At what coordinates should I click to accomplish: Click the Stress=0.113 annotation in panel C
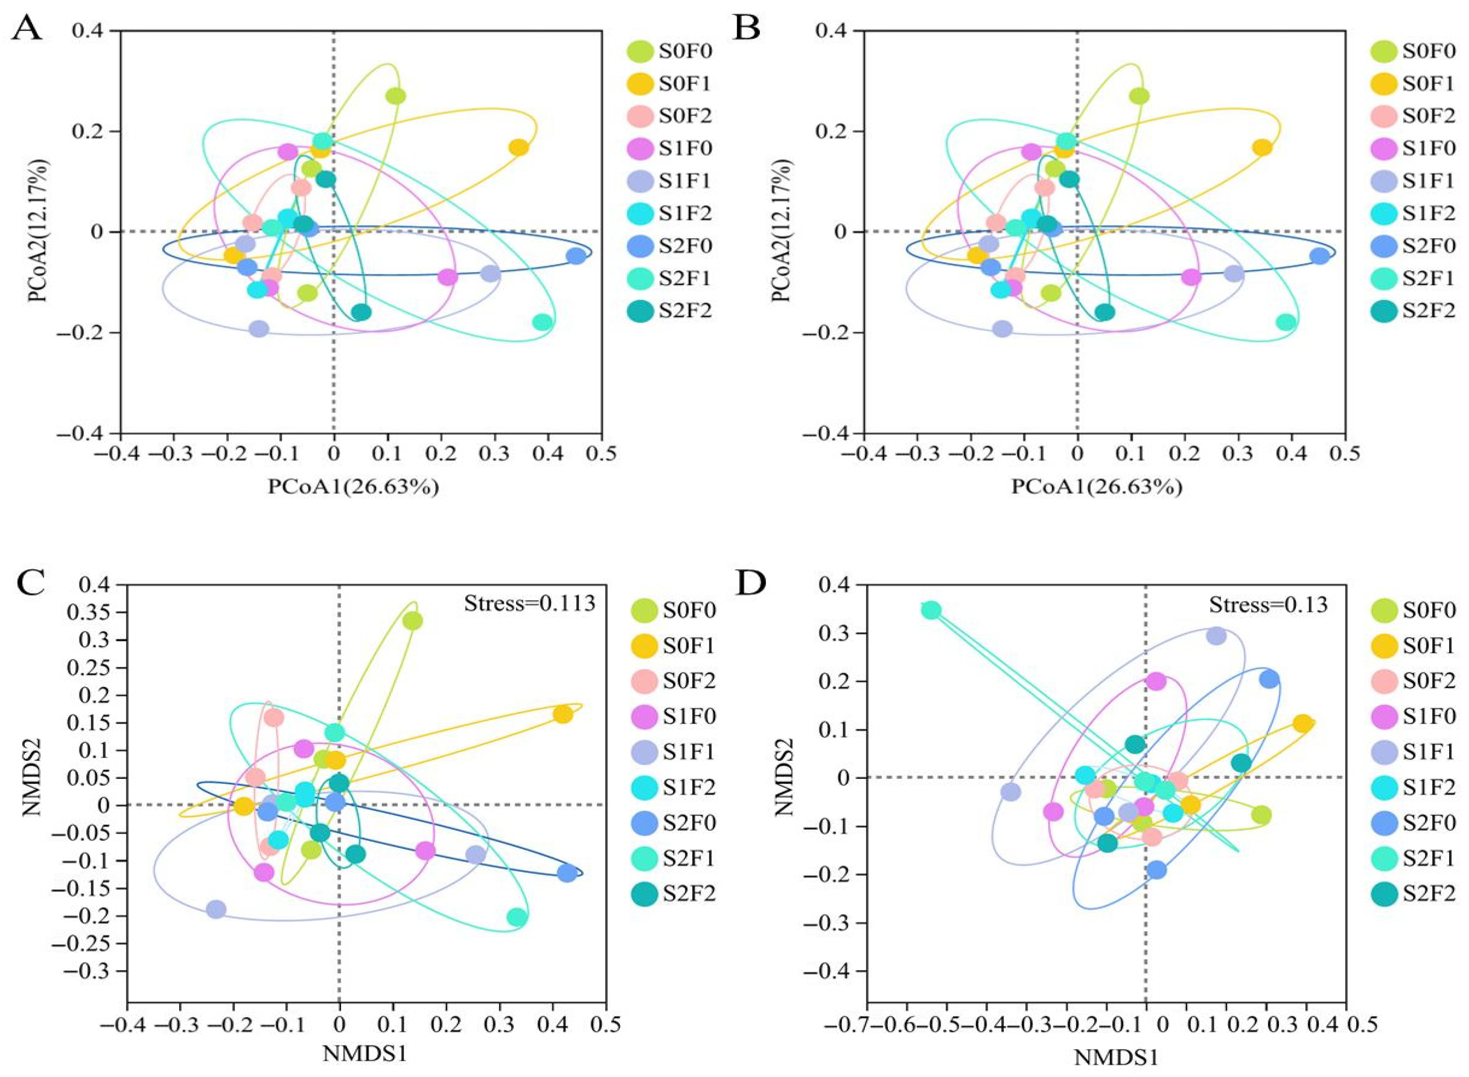click(x=529, y=603)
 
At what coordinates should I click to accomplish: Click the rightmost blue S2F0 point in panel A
click(x=576, y=255)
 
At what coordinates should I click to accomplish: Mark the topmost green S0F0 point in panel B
click(x=1139, y=96)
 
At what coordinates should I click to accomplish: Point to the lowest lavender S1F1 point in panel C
click(x=216, y=909)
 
